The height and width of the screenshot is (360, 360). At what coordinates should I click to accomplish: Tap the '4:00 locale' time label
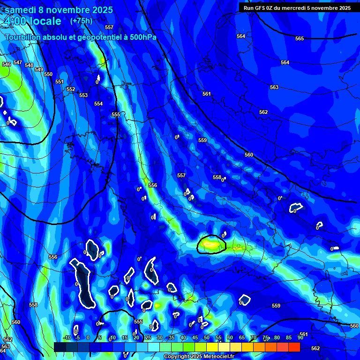point(32,21)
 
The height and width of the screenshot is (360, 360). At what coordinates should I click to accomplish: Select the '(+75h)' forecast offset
point(81,21)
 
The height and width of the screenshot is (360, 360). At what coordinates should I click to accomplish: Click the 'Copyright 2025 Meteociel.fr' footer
point(199,357)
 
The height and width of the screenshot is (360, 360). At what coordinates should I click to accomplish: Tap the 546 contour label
point(7,64)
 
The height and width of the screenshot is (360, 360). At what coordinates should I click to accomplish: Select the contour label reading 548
point(29,65)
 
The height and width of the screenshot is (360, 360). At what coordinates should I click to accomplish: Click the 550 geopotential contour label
point(48,74)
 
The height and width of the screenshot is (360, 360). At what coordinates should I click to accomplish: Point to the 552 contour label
point(71,89)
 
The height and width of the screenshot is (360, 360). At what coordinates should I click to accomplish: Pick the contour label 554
point(98,104)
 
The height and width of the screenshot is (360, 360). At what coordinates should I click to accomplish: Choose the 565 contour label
point(300,38)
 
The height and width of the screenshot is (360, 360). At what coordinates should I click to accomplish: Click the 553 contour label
point(83,95)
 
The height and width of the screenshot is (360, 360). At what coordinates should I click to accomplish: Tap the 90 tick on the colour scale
point(300,337)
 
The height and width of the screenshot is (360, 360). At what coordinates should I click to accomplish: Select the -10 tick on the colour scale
point(67,337)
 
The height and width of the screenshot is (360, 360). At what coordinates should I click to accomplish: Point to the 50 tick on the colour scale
point(207,337)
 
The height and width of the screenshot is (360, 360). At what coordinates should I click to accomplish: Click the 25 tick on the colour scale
point(148,337)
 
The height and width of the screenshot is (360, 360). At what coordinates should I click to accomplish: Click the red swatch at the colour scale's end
point(294,347)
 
